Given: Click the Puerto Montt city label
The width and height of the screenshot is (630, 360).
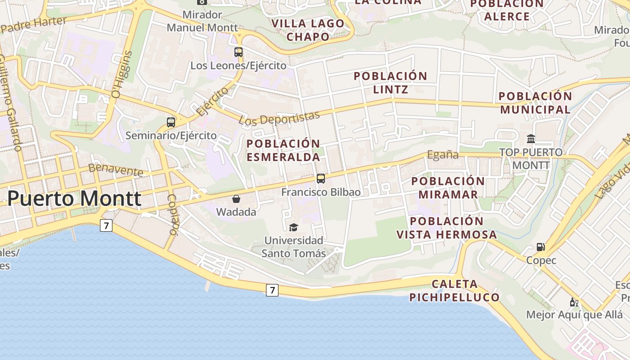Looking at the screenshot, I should click(x=74, y=198).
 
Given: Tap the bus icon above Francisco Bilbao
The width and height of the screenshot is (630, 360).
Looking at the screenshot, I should click(x=321, y=179).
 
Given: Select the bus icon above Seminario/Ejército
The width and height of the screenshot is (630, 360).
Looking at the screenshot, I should click(x=171, y=122).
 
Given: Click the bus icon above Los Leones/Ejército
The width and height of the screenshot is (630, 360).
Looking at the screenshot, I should click(x=238, y=52).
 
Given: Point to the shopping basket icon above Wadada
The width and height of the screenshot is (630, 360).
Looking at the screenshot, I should click(x=236, y=199).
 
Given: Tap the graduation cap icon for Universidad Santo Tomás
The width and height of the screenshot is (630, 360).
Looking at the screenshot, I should click(x=294, y=227).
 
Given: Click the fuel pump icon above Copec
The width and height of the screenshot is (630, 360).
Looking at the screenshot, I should click(x=541, y=247).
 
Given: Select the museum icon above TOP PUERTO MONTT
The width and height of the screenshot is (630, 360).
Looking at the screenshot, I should click(x=531, y=139).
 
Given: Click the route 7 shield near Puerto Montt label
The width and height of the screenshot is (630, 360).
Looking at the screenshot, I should click(x=106, y=225).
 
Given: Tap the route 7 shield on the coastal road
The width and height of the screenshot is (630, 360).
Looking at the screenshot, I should click(x=272, y=290).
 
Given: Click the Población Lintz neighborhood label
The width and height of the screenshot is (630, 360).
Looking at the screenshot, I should click(x=390, y=82).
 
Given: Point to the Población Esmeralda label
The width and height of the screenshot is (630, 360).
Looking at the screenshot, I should click(x=283, y=150).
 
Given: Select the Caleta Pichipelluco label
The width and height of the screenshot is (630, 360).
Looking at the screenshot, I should click(x=454, y=291).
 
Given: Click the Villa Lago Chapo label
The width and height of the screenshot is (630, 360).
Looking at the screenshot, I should click(x=308, y=30).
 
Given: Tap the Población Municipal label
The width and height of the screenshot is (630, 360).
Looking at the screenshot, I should click(x=535, y=103).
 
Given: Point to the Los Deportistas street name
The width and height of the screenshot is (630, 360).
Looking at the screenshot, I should click(x=279, y=118).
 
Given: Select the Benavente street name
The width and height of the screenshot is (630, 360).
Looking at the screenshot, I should click(x=116, y=169).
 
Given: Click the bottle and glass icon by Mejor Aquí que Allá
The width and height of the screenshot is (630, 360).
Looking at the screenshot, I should click(x=574, y=302).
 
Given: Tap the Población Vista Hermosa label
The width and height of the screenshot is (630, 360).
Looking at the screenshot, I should click(x=447, y=228).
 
